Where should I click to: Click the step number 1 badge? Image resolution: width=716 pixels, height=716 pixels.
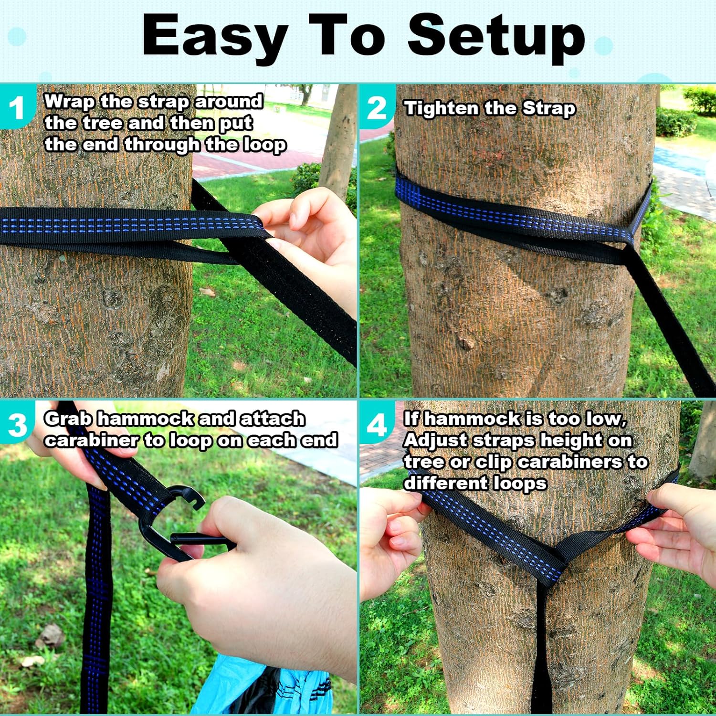17,108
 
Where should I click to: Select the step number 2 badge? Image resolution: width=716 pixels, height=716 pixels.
377,108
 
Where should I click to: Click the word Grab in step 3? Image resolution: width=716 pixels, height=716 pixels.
68,419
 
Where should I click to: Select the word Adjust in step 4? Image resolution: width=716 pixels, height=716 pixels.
435,440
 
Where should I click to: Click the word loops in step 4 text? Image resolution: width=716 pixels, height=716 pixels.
520,483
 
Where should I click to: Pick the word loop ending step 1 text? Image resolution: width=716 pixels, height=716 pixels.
264,145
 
